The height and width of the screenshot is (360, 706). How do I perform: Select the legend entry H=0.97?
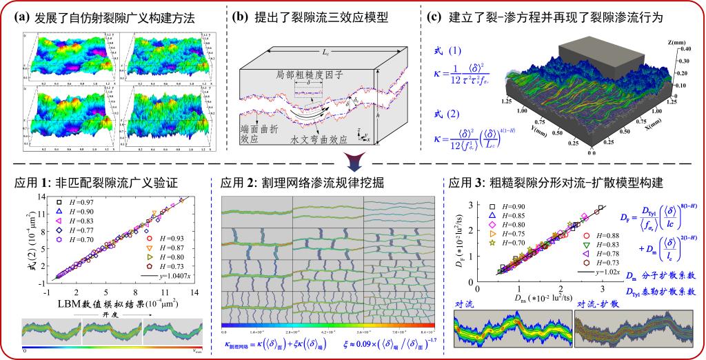(75, 199)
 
